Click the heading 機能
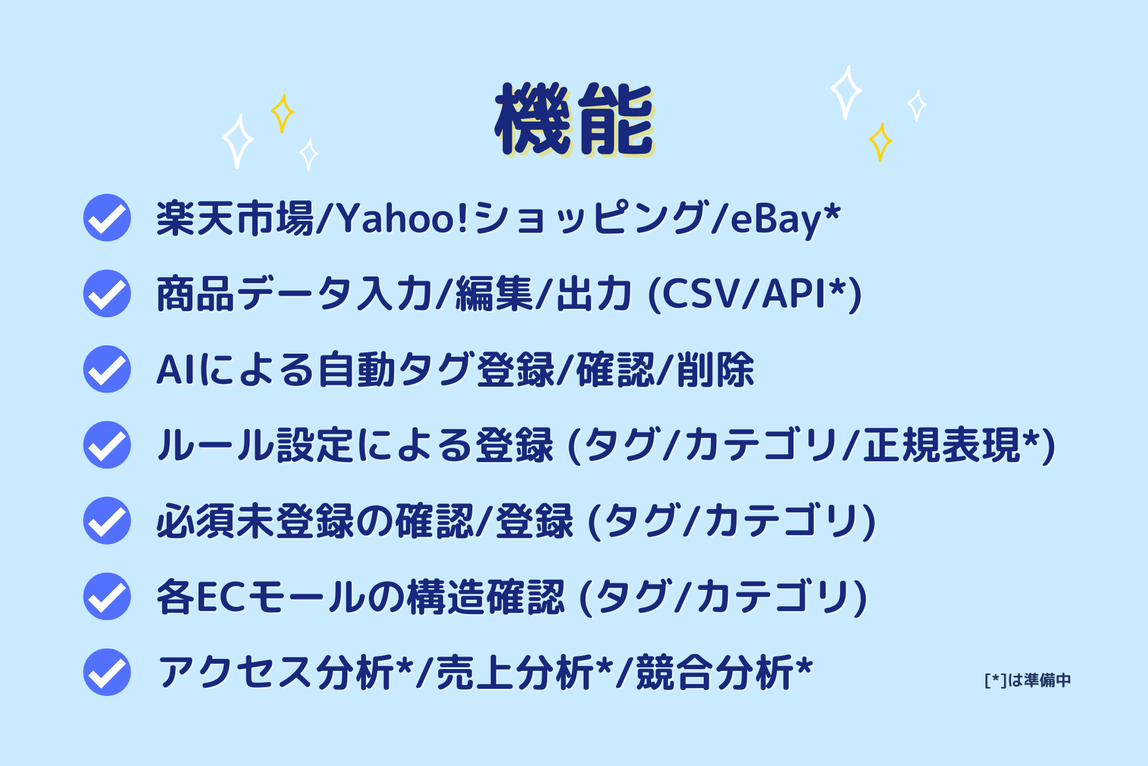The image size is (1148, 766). pos(575,119)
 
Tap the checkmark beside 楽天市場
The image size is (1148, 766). pos(107,218)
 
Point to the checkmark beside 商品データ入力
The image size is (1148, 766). pos(107,293)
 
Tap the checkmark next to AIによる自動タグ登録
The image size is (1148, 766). pos(107,369)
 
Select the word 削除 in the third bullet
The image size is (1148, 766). pos(716,370)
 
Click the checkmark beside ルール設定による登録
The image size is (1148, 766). pos(107,445)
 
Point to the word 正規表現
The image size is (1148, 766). pos(941,445)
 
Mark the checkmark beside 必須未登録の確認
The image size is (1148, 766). pos(107,521)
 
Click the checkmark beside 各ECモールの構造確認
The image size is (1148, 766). pos(107,597)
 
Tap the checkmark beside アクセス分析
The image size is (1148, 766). pos(107,672)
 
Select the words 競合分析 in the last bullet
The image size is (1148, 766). pos(715,673)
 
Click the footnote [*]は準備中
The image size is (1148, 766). pos(1027,680)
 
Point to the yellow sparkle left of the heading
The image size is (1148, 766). pos(282,113)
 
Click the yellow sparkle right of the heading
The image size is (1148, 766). pos(880,142)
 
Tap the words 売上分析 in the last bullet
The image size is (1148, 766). pos(515,673)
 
